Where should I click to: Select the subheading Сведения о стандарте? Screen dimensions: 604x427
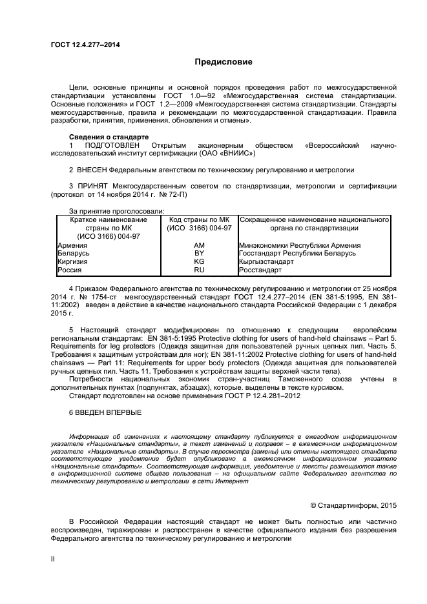click(109, 137)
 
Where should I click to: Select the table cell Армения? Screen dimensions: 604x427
click(72, 245)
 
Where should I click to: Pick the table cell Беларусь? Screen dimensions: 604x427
click(74, 253)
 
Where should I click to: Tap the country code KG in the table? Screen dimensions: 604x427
click(199, 261)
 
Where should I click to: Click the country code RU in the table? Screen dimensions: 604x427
click(199, 270)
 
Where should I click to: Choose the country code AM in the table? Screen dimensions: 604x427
click(199, 245)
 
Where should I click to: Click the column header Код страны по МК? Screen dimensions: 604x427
click(199, 219)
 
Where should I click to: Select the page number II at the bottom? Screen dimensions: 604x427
click(54, 559)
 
